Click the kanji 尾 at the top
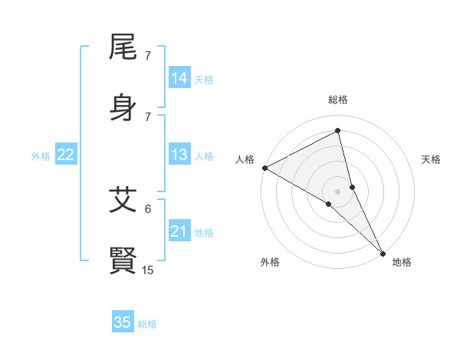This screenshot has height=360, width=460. pyautogui.click(x=123, y=50)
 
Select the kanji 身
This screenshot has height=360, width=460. pyautogui.click(x=123, y=107)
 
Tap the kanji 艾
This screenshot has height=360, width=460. pyautogui.click(x=123, y=201)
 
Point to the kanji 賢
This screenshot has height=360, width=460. pyautogui.click(x=123, y=260)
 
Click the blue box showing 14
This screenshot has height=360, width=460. pyautogui.click(x=179, y=77)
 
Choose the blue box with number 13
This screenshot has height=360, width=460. pyautogui.click(x=179, y=155)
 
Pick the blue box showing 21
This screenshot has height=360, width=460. pyautogui.click(x=179, y=231)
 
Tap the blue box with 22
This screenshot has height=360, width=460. pyautogui.click(x=65, y=155)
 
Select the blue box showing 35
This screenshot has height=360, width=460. pyautogui.click(x=123, y=322)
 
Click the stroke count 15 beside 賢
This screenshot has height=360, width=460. pyautogui.click(x=148, y=270)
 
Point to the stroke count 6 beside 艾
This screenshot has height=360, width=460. pyautogui.click(x=148, y=208)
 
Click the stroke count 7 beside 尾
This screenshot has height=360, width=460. pyautogui.click(x=148, y=56)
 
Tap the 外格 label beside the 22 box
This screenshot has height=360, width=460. pyautogui.click(x=41, y=156)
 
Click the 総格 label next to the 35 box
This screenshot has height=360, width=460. pyautogui.click(x=147, y=324)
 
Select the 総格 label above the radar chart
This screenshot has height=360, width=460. pyautogui.click(x=338, y=100)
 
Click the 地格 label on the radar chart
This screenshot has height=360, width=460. pyautogui.click(x=402, y=262)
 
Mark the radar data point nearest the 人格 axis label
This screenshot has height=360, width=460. pyautogui.click(x=264, y=168)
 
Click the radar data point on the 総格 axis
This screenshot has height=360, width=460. pyautogui.click(x=338, y=130)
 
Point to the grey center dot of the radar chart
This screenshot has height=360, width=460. pyautogui.click(x=338, y=191)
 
